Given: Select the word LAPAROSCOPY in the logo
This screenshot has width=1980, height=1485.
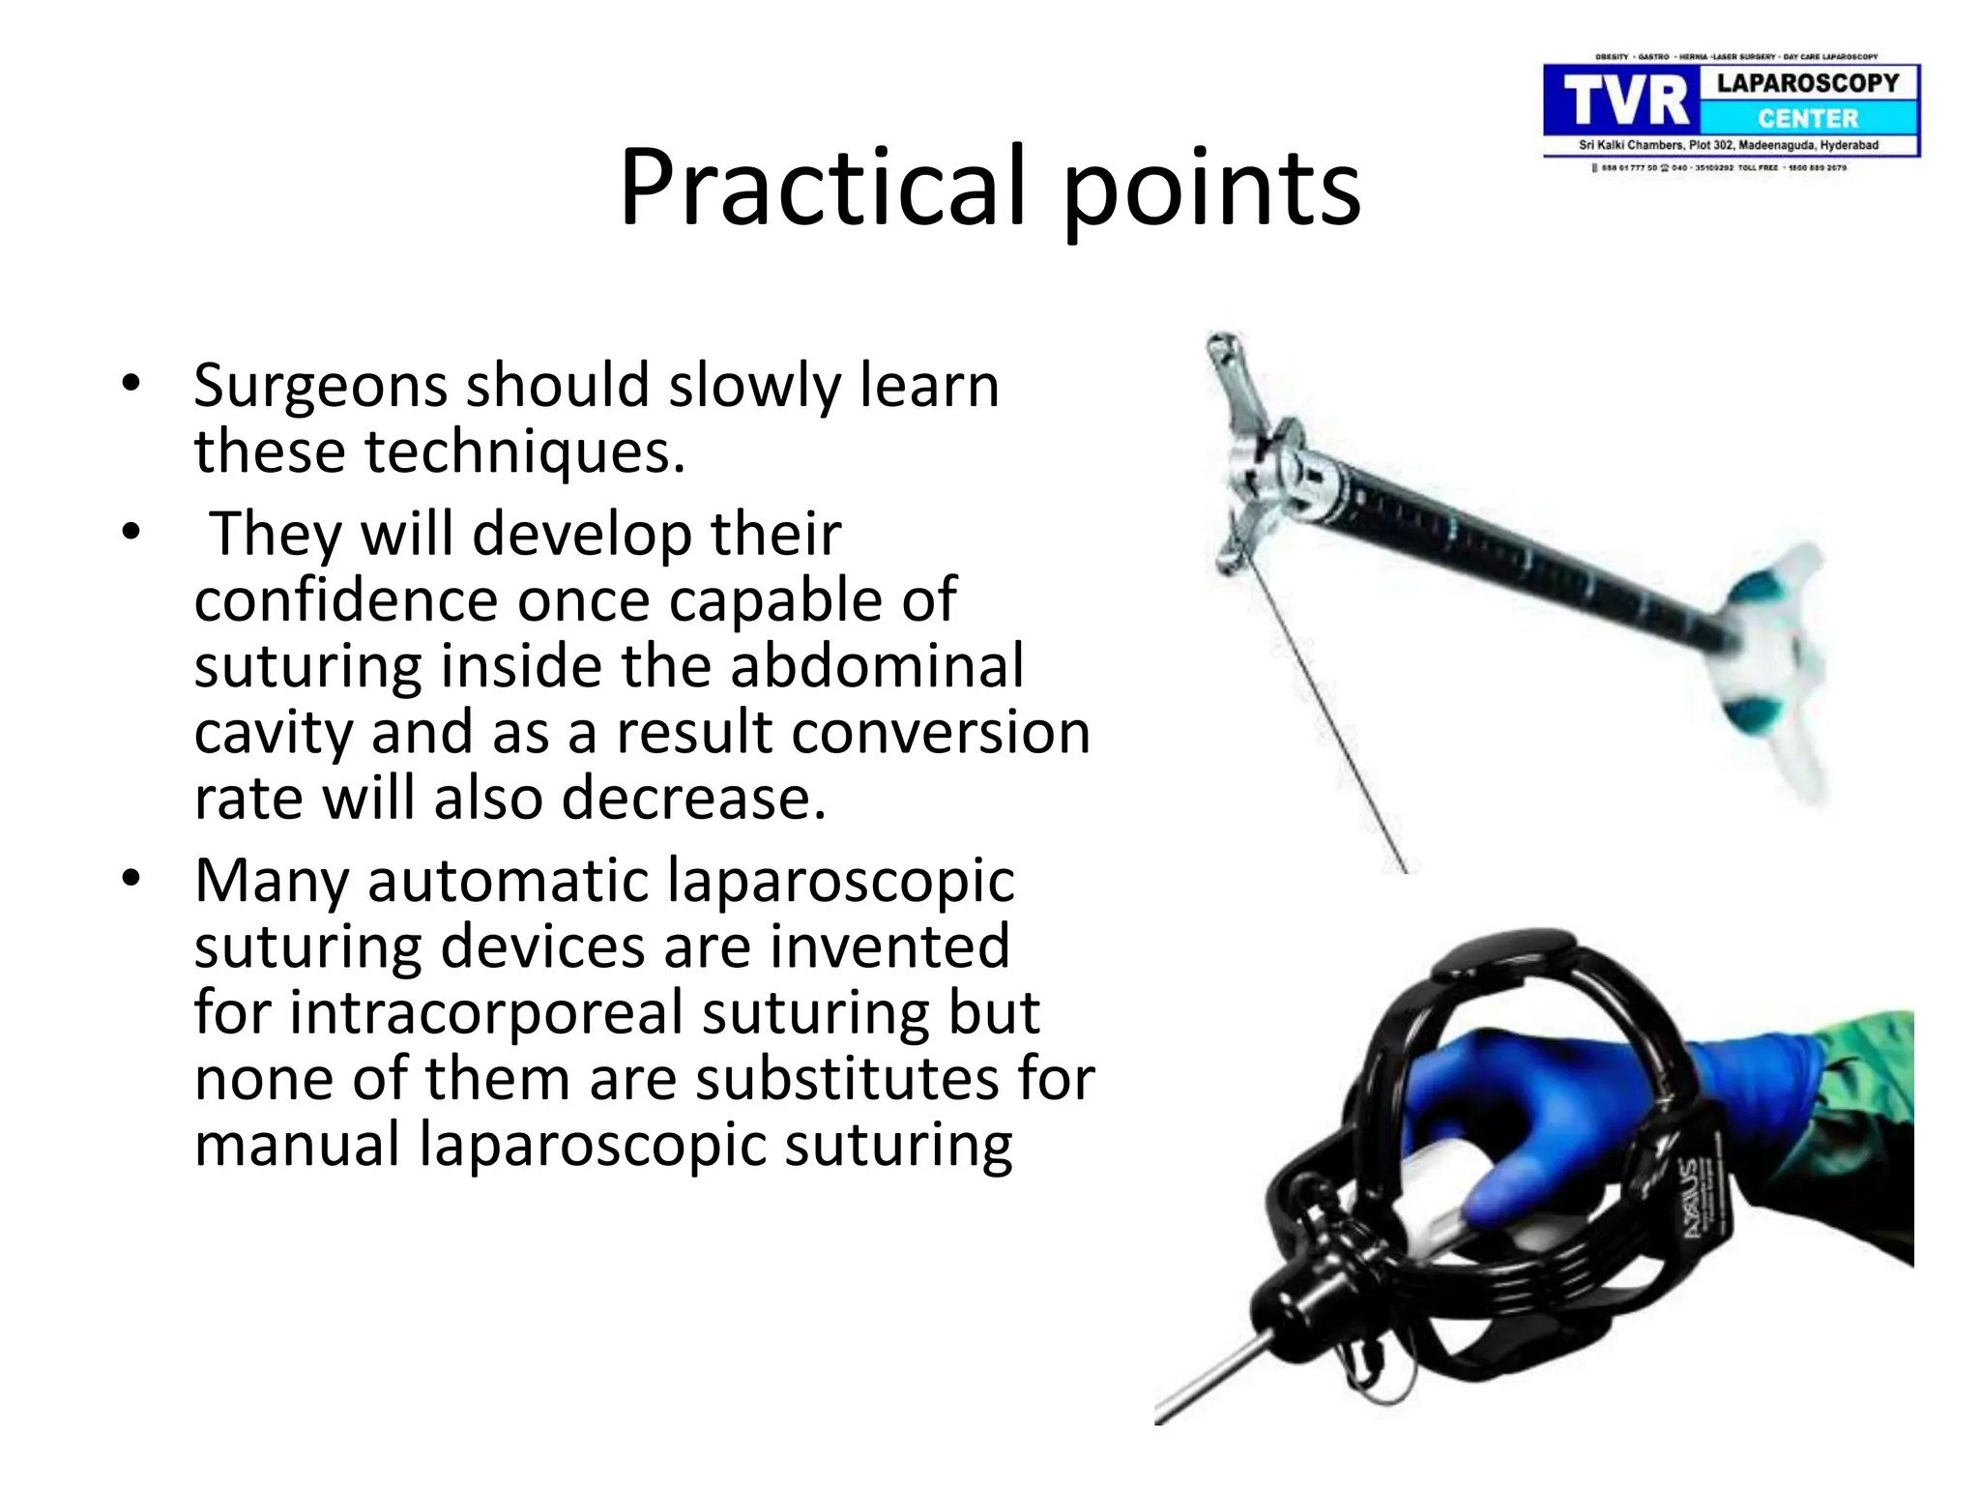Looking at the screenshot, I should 1808,83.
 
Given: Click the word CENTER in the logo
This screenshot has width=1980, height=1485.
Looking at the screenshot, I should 1808,119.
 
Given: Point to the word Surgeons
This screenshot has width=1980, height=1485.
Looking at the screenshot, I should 319,387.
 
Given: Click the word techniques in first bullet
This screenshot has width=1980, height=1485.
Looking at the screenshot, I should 517,451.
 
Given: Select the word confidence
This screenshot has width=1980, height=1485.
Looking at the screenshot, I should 346,599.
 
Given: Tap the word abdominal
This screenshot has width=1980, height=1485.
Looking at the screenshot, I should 876,666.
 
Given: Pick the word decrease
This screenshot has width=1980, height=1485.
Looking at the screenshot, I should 693,798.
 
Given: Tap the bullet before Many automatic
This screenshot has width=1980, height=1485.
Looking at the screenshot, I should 131,879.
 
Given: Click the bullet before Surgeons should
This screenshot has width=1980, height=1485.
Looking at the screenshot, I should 131,385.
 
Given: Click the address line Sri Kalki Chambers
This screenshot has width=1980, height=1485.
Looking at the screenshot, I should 1728,145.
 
